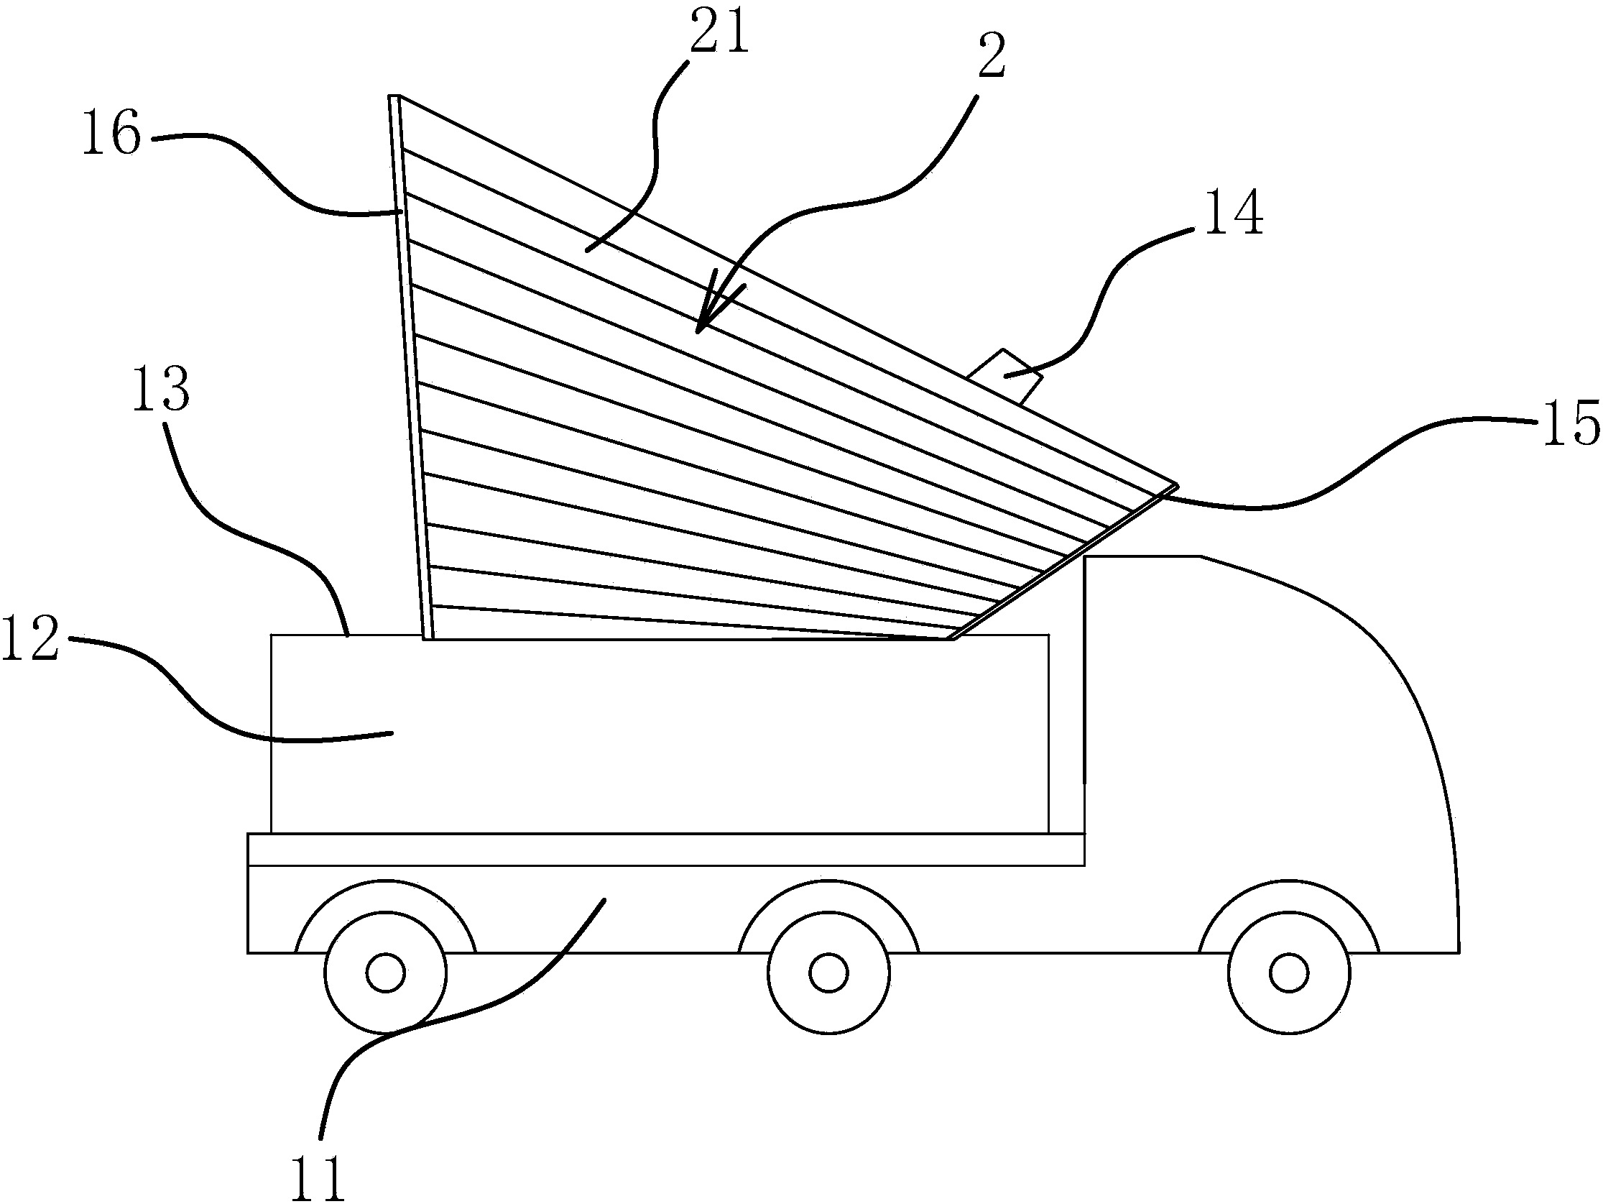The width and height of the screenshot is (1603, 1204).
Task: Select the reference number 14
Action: click(1234, 213)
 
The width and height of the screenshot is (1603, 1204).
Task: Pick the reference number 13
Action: click(161, 390)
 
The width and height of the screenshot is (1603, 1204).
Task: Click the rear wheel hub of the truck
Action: click(386, 973)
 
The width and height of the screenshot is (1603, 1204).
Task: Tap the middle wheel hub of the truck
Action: click(828, 973)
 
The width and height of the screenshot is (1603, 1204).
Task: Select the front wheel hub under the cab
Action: click(1288, 973)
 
